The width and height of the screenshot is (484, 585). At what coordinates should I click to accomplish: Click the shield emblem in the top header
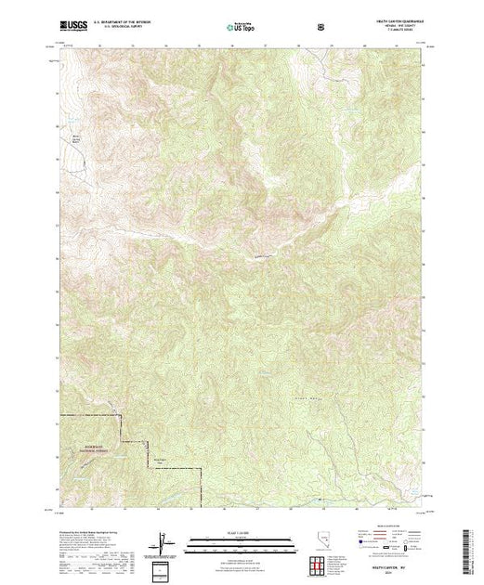click(x=321, y=27)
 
